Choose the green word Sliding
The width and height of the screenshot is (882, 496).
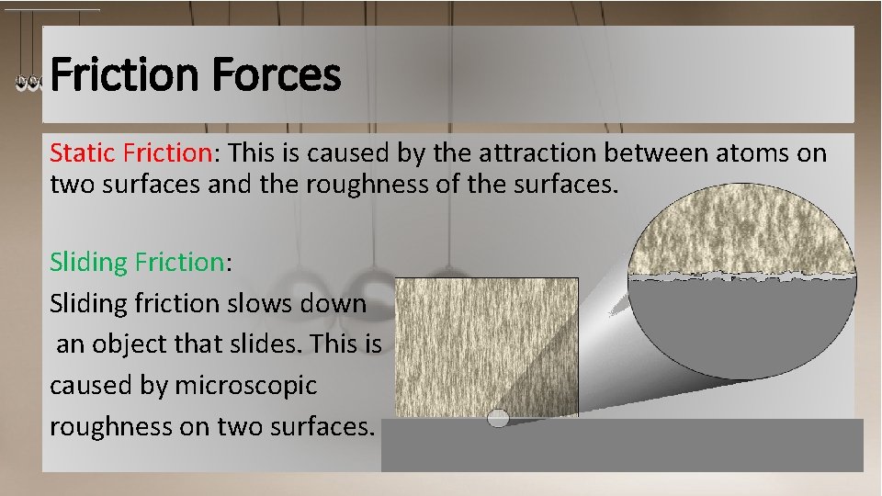tap(88, 263)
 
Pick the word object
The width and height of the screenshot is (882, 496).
tap(138, 344)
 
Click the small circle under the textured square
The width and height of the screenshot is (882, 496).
tap(497, 419)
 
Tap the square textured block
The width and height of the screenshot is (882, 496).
tap(487, 344)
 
